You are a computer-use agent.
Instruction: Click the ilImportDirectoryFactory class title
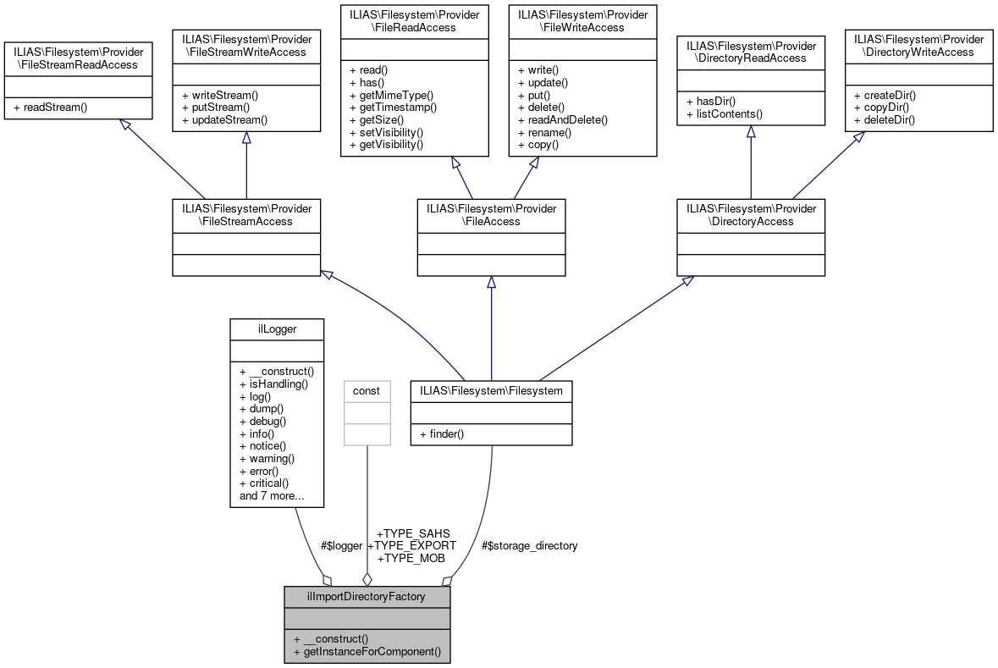367,596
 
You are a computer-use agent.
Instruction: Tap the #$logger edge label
341,546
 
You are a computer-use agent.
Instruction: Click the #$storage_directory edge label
529,546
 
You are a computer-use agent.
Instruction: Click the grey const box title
367,391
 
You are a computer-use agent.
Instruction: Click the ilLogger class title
277,328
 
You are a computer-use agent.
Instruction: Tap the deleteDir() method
889,119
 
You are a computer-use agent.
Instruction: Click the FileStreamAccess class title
245,214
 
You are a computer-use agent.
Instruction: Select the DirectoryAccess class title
751,214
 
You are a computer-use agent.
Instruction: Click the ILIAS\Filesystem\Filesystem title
491,391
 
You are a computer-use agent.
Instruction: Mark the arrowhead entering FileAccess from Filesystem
491,282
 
